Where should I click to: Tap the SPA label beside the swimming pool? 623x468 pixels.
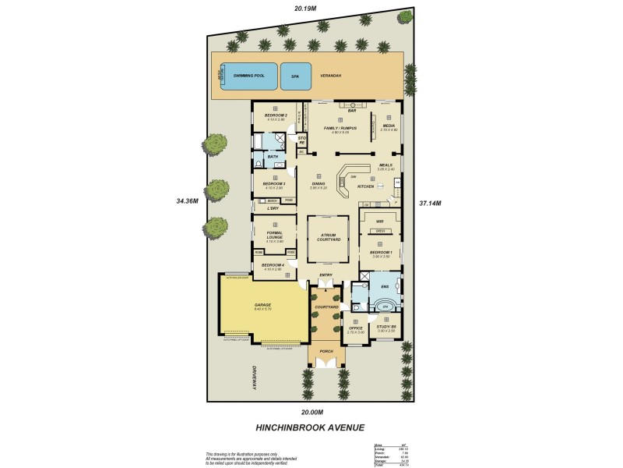pos(295,76)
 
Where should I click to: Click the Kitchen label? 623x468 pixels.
pos(365,187)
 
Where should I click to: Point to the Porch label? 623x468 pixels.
pos(326,352)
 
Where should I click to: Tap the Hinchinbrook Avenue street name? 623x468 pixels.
pos(310,427)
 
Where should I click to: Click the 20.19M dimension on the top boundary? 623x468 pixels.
pos(304,9)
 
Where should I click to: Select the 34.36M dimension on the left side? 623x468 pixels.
pos(188,200)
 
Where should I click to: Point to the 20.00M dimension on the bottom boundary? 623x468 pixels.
pos(311,412)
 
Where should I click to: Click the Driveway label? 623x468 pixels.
pos(254,379)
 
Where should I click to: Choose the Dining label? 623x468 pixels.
pos(318,184)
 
